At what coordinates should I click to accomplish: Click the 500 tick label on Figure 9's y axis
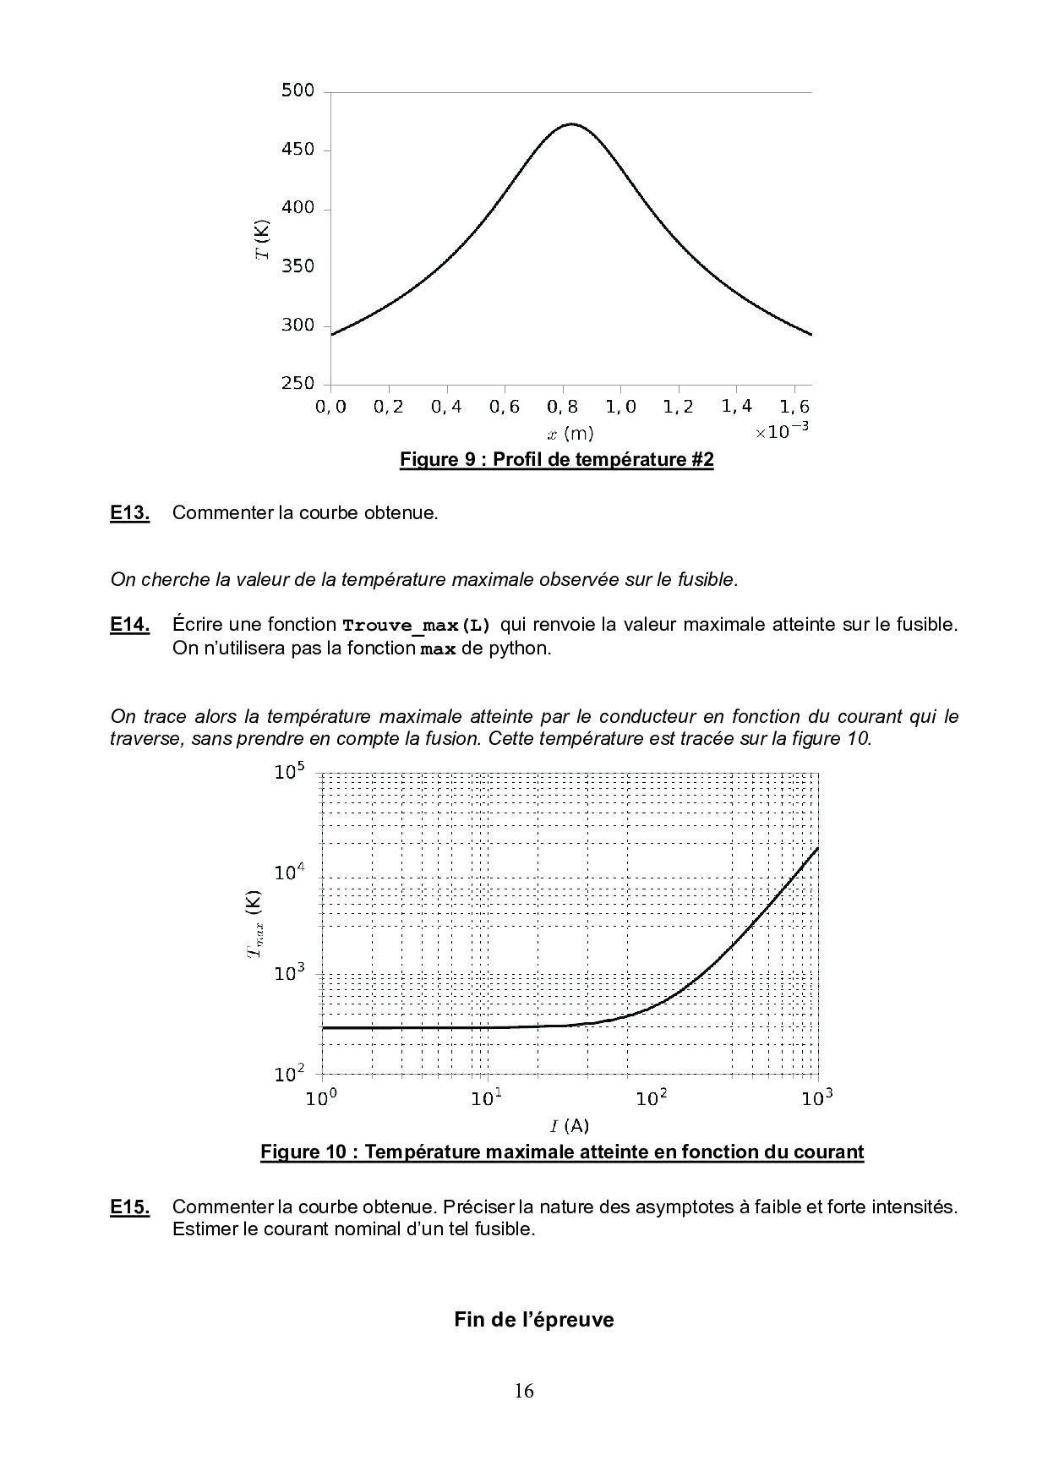coord(297,91)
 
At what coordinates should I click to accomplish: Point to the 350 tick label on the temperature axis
coord(297,266)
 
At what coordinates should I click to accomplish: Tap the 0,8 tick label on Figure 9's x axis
coord(562,408)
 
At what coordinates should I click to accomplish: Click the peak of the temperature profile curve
coord(572,124)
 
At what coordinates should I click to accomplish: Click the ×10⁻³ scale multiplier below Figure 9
coord(782,431)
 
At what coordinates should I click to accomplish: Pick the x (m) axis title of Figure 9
coord(570,434)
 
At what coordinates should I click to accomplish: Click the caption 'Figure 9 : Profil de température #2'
coord(557,460)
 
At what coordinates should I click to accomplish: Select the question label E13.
coord(130,512)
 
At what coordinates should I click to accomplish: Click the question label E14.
coord(130,625)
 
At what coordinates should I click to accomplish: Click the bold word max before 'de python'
coord(439,649)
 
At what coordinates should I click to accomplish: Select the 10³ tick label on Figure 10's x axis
coord(816,1098)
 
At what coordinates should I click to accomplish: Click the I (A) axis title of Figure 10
coord(570,1125)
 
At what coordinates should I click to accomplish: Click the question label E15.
coord(130,1207)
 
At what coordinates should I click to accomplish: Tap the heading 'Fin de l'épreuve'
coord(533,1319)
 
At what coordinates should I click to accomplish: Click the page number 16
coord(524,1392)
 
